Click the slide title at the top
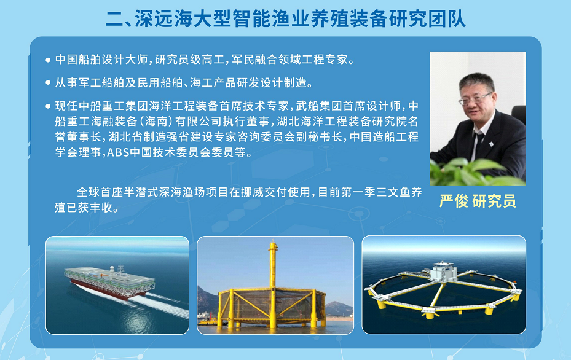point(285,18)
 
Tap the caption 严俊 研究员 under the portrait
point(478,201)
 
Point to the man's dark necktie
point(479,141)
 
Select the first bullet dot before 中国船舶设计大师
point(48,60)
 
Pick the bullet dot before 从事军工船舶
point(48,83)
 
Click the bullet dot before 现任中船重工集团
point(48,106)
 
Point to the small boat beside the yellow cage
point(207,321)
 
